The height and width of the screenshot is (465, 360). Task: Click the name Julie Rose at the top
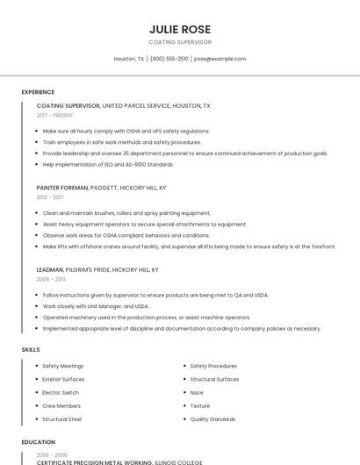180,28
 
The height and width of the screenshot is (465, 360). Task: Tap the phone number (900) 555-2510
169,59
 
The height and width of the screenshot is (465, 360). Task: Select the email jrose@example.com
220,59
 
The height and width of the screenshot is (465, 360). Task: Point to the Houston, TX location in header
128,59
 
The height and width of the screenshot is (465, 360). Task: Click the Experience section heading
38,92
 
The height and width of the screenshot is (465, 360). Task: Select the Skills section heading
31,349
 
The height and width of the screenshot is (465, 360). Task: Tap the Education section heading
38,442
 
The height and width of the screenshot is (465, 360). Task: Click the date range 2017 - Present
54,115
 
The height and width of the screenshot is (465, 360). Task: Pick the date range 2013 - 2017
50,197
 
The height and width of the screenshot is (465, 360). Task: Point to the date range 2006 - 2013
51,279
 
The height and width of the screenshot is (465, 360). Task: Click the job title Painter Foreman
62,188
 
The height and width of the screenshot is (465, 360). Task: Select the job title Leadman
50,269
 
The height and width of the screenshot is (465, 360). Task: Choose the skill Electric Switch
61,392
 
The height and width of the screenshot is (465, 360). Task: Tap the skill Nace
197,392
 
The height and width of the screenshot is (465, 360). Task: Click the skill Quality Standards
212,419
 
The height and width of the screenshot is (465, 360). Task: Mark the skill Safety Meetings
63,366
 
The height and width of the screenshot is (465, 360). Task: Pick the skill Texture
200,406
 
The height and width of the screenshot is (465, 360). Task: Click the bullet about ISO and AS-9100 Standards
109,164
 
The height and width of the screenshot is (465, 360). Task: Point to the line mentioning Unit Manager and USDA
96,306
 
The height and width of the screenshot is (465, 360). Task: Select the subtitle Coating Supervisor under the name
180,41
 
